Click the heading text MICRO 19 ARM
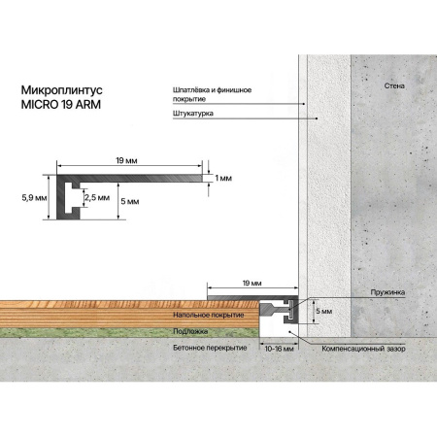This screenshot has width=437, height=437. click(x=61, y=105)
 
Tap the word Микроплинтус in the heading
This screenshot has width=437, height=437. click(x=61, y=90)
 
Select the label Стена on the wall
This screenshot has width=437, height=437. click(x=394, y=85)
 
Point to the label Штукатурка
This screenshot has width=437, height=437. click(x=193, y=114)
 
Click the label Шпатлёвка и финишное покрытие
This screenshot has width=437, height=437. click(x=212, y=94)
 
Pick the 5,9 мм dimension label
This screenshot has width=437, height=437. click(x=34, y=198)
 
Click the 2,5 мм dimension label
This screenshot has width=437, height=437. click(x=97, y=197)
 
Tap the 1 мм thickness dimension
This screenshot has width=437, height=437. click(x=223, y=178)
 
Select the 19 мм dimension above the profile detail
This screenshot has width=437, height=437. click(x=126, y=160)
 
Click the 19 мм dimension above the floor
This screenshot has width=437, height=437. click(x=252, y=284)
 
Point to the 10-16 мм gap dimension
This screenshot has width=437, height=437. click(x=279, y=349)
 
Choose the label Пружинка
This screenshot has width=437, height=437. click(x=387, y=292)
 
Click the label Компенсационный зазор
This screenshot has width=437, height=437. click(x=363, y=349)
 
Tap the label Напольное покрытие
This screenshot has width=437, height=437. click(x=209, y=315)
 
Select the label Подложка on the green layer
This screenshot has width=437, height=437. click(x=190, y=331)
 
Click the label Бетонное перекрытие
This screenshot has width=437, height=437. click(x=210, y=348)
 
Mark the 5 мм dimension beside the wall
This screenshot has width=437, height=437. click(x=324, y=311)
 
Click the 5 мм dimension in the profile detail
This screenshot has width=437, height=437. click(x=130, y=201)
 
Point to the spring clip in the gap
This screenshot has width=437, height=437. click(x=291, y=309)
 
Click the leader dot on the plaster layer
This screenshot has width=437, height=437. click(x=317, y=118)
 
